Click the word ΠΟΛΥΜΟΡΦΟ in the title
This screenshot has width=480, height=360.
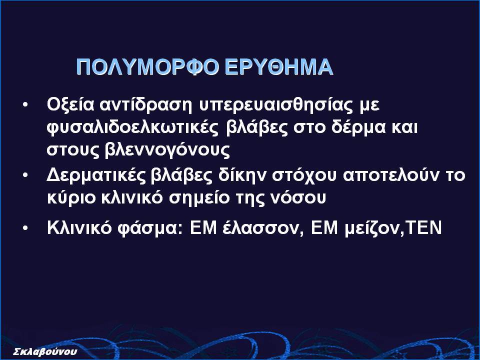pyautogui.click(x=147, y=66)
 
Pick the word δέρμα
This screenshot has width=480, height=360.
pyautogui.click(x=358, y=128)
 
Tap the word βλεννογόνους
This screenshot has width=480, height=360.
pyautogui.click(x=167, y=150)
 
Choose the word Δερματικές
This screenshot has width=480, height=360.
pyautogui.click(x=96, y=175)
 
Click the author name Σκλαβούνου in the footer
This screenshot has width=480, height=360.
pyautogui.click(x=45, y=351)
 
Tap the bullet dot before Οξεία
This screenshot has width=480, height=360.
pyautogui.click(x=25, y=105)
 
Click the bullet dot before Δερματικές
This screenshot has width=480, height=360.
pyautogui.click(x=25, y=175)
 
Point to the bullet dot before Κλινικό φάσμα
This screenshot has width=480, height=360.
pyautogui.click(x=25, y=228)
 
